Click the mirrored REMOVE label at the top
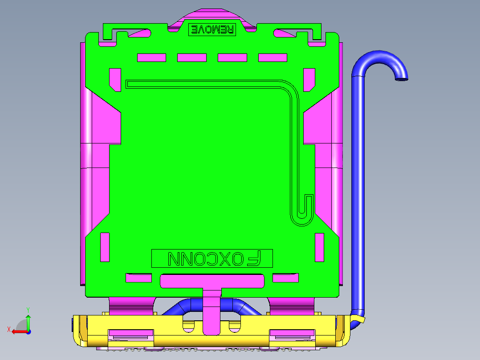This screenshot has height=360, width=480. click(x=212, y=29)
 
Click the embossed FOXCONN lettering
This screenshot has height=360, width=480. click(x=212, y=258)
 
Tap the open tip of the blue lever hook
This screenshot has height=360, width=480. click(x=402, y=79)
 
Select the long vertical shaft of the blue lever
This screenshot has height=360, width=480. click(x=358, y=192)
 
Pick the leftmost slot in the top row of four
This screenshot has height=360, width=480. click(x=151, y=57)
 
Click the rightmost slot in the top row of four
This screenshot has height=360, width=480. click(x=273, y=57)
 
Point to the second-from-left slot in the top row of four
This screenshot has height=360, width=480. click(x=191, y=57)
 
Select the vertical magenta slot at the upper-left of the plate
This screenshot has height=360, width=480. click(x=115, y=80)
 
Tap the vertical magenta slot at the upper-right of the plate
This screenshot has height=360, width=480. click(x=309, y=80)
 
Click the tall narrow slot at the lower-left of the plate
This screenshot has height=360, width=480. click(x=105, y=247)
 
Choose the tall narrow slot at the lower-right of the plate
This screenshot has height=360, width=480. click(x=320, y=247)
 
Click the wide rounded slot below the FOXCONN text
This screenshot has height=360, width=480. click(x=212, y=281)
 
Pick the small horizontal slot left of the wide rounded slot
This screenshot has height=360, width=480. click(x=139, y=278)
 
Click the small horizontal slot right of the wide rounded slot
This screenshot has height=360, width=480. click(x=285, y=278)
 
